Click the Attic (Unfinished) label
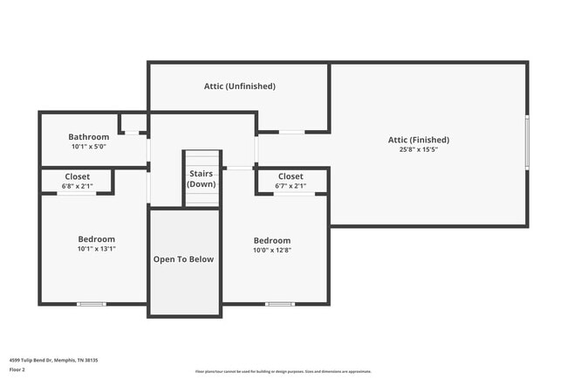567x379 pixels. point(240,86)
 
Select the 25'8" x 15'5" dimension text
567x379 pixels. point(419,149)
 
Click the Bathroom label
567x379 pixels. point(89,137)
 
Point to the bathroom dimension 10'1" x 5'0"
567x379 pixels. point(89,147)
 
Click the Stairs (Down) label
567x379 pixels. point(202,179)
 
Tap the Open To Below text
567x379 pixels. point(183,259)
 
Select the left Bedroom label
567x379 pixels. point(96,238)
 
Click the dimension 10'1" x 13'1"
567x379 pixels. point(96,249)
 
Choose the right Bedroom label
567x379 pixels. point(272,240)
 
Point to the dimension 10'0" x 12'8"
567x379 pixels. point(272,251)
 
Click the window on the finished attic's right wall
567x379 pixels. point(527,142)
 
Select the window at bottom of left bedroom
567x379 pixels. point(92,304)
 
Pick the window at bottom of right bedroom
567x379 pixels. point(279,304)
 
